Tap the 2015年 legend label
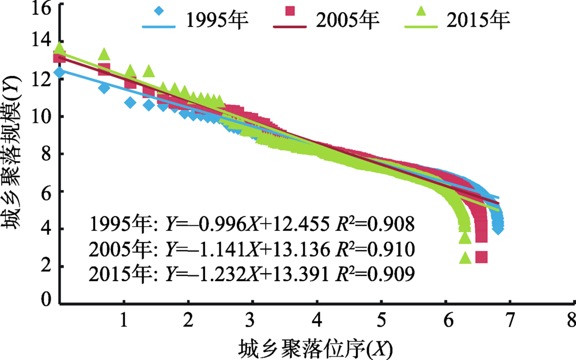(478, 21)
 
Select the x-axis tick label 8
(570, 320)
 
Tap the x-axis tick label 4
(315, 320)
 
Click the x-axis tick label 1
(123, 320)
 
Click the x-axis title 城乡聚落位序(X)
(316, 347)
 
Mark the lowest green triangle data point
(465, 257)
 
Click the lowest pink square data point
(481, 257)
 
